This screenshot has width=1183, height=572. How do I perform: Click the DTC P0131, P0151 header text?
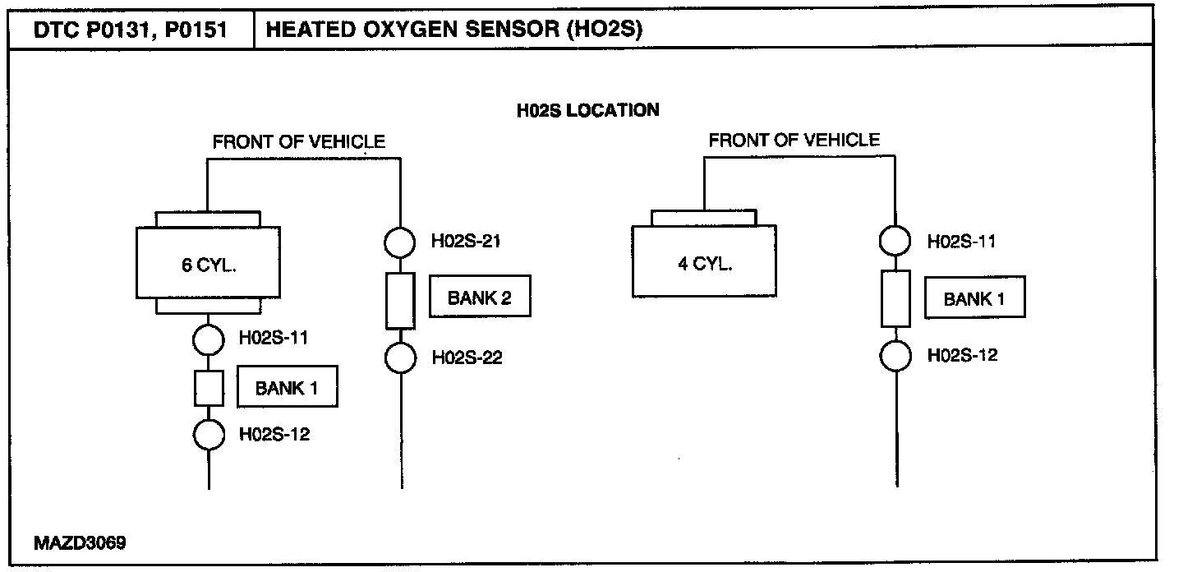(x=130, y=30)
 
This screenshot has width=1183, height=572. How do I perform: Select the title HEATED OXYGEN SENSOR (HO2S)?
(x=454, y=29)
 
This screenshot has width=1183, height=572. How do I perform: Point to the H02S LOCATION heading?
(x=588, y=110)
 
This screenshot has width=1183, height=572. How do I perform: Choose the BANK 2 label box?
(x=480, y=297)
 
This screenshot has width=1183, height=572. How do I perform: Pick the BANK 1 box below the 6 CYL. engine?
(x=287, y=386)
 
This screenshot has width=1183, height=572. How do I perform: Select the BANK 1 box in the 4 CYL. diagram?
(x=974, y=297)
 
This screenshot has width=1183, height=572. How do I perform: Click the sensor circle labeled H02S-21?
(x=400, y=242)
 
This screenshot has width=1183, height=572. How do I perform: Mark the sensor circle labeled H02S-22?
(x=400, y=357)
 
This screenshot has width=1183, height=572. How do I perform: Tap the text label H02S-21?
(x=466, y=242)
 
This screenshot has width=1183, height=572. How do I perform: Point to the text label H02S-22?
(x=467, y=357)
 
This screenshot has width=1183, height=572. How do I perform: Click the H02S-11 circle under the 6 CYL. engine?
(x=208, y=339)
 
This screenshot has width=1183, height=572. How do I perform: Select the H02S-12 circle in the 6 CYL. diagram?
(x=209, y=435)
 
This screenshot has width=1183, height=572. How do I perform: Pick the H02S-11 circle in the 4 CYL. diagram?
(x=895, y=241)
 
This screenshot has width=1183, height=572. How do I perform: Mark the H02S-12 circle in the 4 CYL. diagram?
(x=895, y=356)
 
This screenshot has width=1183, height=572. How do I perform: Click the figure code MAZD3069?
(x=80, y=543)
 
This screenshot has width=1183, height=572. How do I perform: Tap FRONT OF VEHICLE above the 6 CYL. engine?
(x=299, y=142)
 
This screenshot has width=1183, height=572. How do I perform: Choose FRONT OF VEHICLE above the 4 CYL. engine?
(x=794, y=141)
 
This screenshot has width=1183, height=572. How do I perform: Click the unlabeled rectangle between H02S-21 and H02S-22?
(x=400, y=301)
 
